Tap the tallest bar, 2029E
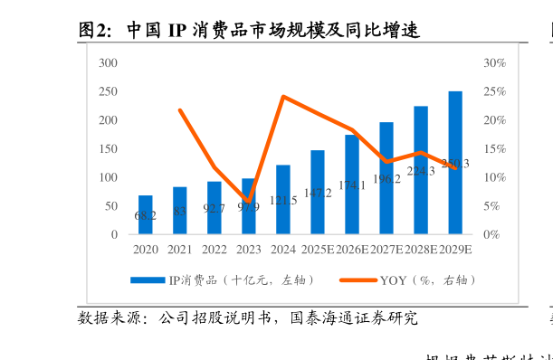(x=455, y=163)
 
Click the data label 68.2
(x=146, y=216)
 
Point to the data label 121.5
(x=283, y=201)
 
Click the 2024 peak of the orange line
(x=283, y=96)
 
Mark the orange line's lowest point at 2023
(x=249, y=201)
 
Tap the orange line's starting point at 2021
(x=180, y=110)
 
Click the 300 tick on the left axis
(x=108, y=62)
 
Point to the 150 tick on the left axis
(x=108, y=148)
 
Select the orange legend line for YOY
(x=358, y=280)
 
